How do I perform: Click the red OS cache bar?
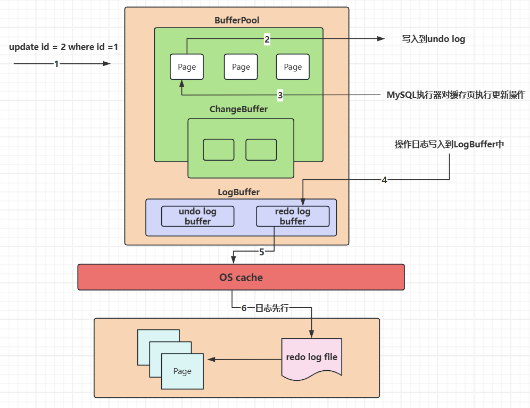[x=241, y=277]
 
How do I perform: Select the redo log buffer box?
[x=293, y=217]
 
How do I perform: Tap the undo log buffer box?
[x=197, y=217]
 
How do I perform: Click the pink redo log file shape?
[x=311, y=357]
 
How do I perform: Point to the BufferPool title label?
[x=237, y=20]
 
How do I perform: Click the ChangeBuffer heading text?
[x=238, y=109]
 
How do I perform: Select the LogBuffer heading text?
[x=238, y=191]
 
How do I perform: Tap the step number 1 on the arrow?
[x=56, y=64]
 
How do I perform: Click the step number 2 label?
[x=267, y=39]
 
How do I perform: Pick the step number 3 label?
[x=280, y=96]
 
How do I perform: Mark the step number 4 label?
[x=384, y=180]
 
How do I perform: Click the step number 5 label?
[x=261, y=252]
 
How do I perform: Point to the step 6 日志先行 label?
[x=264, y=308]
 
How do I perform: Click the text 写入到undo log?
[x=433, y=39]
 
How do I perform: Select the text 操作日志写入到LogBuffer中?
[x=449, y=145]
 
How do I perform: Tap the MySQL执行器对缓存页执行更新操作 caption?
[x=456, y=95]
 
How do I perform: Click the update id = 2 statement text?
[x=63, y=47]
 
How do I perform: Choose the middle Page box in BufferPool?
[x=241, y=67]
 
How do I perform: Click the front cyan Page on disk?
[x=182, y=371]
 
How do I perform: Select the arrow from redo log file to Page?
[x=245, y=360]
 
